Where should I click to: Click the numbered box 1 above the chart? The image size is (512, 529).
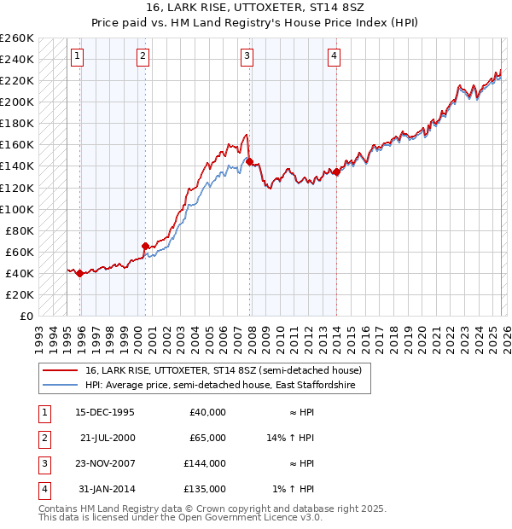77,56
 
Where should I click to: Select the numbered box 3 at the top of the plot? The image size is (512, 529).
247,56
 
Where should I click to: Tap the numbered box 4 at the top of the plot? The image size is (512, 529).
334,56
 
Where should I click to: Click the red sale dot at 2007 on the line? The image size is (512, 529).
249,161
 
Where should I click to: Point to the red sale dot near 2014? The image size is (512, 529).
336,171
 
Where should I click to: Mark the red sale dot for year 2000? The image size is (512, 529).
145,246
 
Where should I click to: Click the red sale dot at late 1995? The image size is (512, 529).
79,273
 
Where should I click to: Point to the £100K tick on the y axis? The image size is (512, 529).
17,209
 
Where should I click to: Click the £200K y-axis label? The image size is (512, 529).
17,102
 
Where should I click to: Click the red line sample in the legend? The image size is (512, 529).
61,371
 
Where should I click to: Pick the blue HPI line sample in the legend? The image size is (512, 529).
61,386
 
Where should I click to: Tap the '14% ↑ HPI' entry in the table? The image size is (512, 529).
291,437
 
